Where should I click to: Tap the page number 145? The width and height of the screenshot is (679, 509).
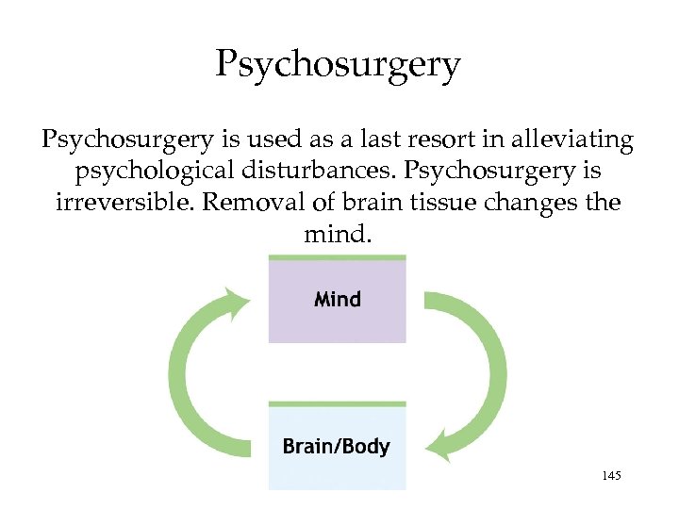610,478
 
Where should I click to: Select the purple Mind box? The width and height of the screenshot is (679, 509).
338,301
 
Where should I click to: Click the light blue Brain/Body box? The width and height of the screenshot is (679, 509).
337,447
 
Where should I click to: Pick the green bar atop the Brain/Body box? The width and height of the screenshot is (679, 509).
337,403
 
